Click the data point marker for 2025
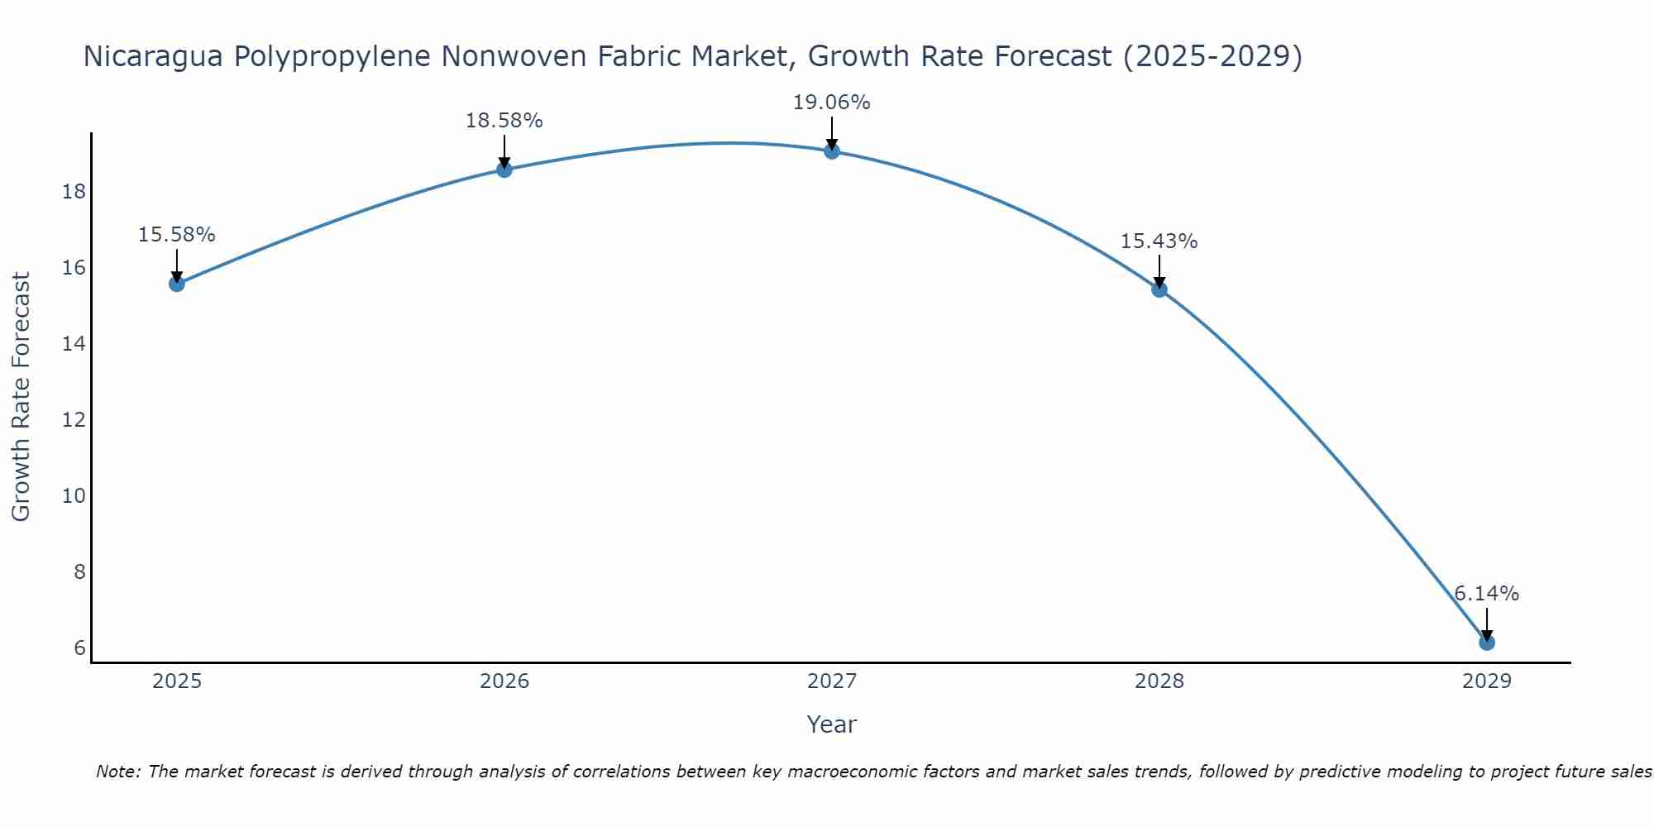(x=177, y=284)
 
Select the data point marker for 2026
(x=504, y=170)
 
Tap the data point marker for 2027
(x=832, y=151)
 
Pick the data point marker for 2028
(x=1159, y=289)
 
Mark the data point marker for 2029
(x=1487, y=643)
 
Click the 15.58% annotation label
(x=177, y=235)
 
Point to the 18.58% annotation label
(x=504, y=121)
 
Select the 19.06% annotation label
(x=832, y=103)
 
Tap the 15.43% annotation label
(x=1159, y=241)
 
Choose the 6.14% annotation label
(x=1487, y=594)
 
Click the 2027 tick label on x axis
(x=832, y=681)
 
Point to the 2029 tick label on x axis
(x=1487, y=681)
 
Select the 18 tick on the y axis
(x=74, y=192)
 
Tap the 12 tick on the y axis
(x=74, y=420)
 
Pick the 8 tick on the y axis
(x=79, y=572)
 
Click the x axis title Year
(x=832, y=724)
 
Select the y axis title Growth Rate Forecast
(x=21, y=397)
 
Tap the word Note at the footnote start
(x=118, y=772)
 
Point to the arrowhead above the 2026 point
(x=504, y=163)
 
